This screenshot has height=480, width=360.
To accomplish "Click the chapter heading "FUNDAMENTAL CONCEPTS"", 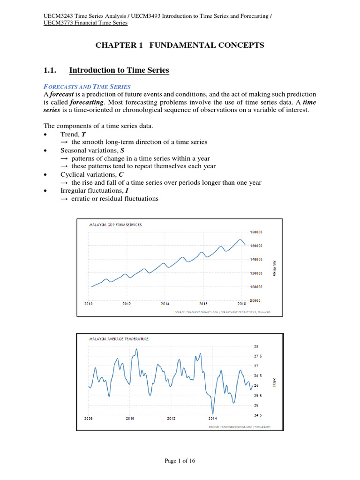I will (207, 45).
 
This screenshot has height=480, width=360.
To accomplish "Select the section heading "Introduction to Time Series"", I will (119, 70).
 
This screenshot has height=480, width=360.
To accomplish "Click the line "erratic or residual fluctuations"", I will (115, 199).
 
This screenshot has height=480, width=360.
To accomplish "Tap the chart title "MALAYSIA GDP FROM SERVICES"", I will (115, 225).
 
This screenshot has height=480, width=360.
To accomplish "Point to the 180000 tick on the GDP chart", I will (256, 232).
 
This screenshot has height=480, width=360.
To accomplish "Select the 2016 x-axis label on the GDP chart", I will (203, 304).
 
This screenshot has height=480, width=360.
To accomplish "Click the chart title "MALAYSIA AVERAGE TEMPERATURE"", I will (119, 339).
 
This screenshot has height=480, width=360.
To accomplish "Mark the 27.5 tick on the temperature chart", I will (253, 356).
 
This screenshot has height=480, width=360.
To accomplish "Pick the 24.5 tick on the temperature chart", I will (253, 415).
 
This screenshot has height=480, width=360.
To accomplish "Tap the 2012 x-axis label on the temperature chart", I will (171, 418).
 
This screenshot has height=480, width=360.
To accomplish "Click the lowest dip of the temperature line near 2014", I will (213, 413).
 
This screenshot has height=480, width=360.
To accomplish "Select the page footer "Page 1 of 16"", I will (180, 461).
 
